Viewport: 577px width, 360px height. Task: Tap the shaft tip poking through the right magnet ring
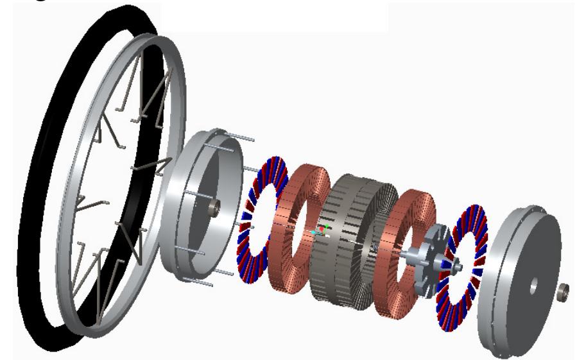click(x=458, y=262)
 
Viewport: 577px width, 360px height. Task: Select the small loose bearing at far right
click(x=565, y=287)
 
